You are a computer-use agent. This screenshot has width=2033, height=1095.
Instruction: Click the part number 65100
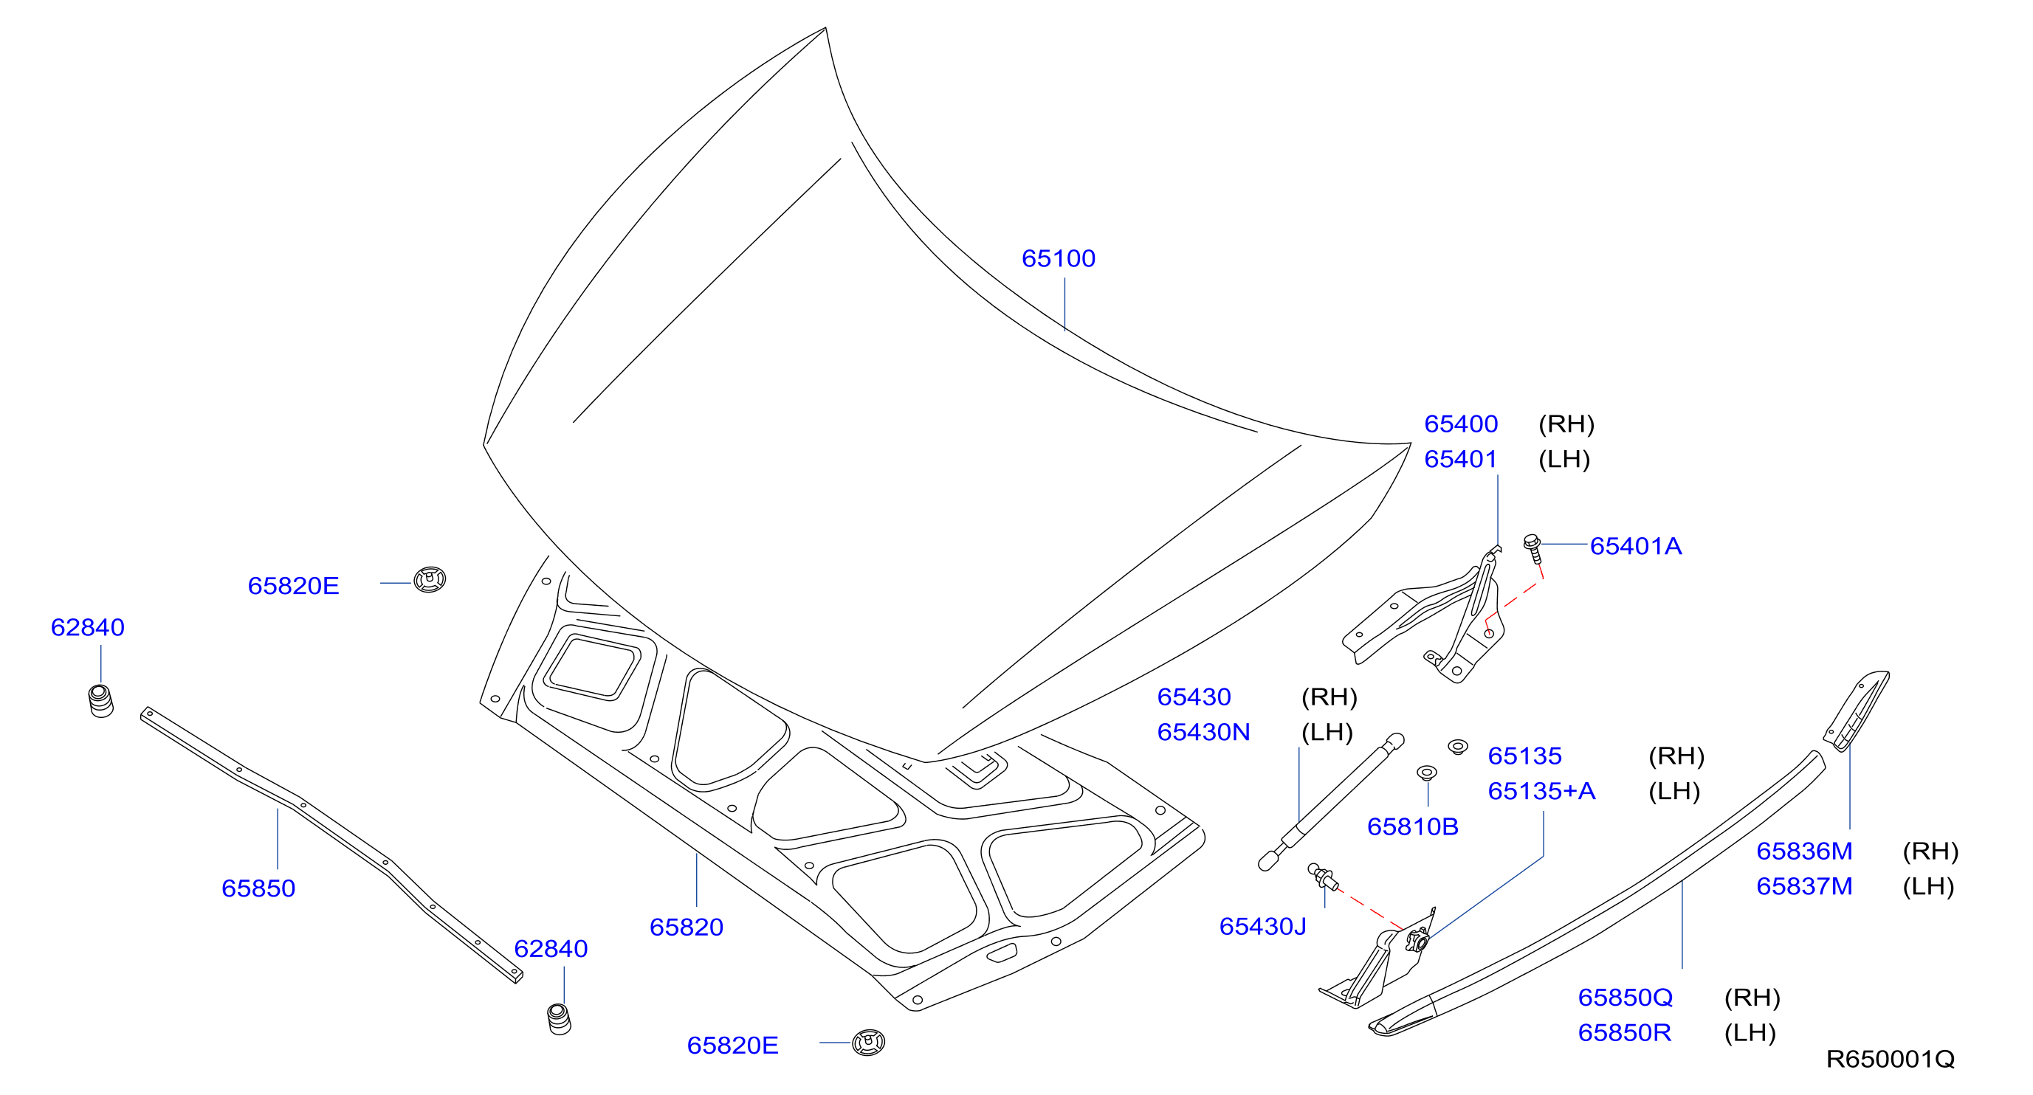pos(1059,259)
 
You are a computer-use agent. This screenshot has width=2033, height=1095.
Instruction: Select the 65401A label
pos(1635,546)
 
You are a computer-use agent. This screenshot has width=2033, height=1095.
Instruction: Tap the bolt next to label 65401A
pos(1533,548)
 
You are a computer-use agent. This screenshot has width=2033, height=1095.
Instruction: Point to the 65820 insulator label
pos(686,927)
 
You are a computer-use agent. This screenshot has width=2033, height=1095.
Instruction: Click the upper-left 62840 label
pos(88,627)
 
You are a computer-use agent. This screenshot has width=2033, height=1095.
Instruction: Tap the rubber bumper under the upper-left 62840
pos(100,701)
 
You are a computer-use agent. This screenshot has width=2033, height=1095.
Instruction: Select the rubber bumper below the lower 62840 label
pos(559,1019)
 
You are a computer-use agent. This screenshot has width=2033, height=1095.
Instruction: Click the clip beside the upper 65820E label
pos(430,580)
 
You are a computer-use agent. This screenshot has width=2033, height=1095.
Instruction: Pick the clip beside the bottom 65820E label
pos(868,1042)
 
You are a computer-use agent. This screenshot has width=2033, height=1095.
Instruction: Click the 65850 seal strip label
pos(258,888)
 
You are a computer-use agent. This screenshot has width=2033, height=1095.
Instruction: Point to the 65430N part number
pos(1203,732)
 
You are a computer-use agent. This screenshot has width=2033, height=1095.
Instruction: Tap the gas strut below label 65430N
pos(1331,802)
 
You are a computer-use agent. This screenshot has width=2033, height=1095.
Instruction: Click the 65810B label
pos(1413,826)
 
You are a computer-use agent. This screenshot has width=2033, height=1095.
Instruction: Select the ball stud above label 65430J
pos(1323,877)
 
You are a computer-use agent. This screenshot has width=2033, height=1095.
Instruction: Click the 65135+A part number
pos(1541,790)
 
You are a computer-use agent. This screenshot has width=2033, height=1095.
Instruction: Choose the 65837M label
pos(1804,886)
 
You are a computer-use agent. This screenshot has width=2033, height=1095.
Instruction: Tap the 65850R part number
pos(1624,1033)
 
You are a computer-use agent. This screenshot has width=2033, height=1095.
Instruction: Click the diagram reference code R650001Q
pos(1890,1059)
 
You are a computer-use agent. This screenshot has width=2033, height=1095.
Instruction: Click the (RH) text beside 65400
pos(1566,424)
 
